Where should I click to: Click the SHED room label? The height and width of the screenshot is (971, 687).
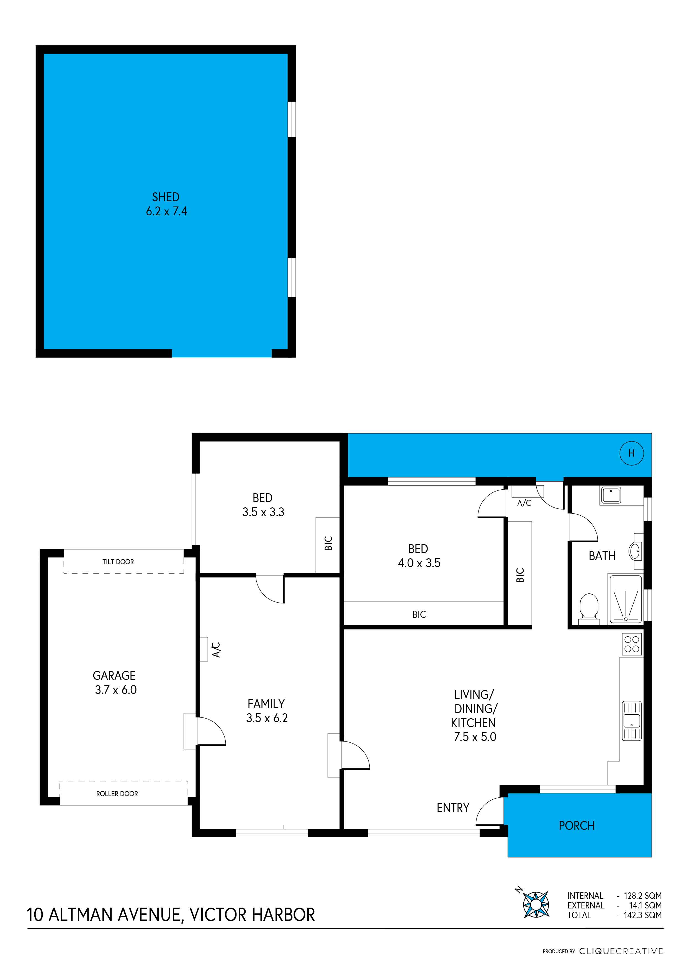point(166,197)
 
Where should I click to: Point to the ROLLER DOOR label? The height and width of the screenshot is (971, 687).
point(117,794)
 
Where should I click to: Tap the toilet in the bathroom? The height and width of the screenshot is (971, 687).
point(588,609)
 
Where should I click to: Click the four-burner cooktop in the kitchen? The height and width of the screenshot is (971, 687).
point(632,644)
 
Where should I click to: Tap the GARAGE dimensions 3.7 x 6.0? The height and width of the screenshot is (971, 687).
point(116,690)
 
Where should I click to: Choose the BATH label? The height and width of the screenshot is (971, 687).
point(602,556)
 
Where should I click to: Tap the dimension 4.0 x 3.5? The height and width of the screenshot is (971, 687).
point(419,563)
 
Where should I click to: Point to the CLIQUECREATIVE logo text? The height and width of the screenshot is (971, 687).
point(621,951)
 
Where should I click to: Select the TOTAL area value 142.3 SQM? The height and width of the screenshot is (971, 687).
point(643,915)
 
